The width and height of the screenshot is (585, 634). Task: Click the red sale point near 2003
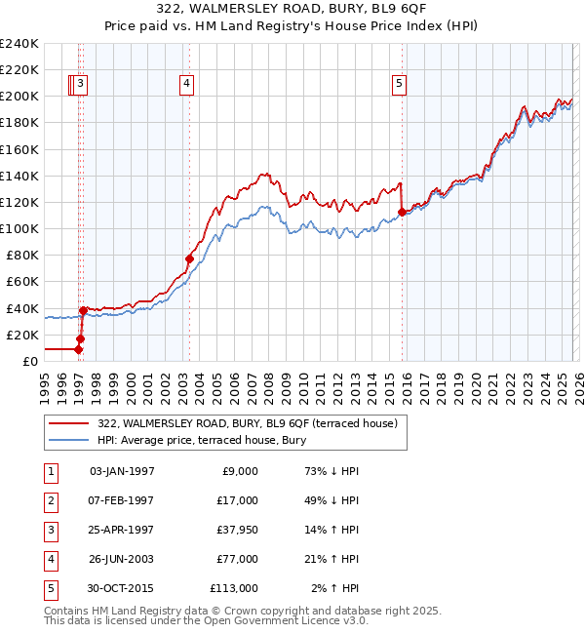(189, 258)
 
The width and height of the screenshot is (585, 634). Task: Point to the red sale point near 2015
(402, 211)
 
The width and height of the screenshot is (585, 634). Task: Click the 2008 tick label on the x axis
(267, 386)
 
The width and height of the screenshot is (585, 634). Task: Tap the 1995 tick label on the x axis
(44, 386)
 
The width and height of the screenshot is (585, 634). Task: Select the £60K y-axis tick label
(22, 281)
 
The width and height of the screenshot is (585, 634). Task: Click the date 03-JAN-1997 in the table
(122, 471)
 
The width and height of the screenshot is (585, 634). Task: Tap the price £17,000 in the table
(238, 500)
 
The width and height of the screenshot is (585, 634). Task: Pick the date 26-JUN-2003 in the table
(122, 559)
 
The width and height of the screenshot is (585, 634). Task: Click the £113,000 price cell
(234, 588)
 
